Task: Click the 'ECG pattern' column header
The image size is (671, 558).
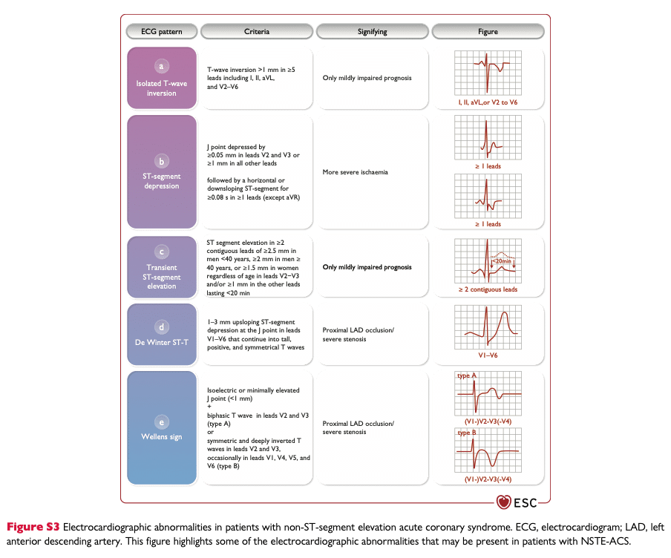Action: coord(162,32)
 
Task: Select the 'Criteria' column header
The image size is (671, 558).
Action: coord(257,32)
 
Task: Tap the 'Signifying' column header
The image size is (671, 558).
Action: coord(373,32)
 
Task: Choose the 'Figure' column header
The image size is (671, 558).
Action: coord(488,32)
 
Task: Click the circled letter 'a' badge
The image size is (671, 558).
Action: coord(161,66)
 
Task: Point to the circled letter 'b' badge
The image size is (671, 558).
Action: coord(161,161)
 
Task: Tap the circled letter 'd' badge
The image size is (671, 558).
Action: coord(161,327)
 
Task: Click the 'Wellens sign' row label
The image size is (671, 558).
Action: coord(162,437)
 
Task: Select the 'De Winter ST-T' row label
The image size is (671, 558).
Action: coord(162,342)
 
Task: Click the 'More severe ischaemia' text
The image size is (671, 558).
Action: coord(356,172)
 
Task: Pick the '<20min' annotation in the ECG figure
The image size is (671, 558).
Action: coord(502,261)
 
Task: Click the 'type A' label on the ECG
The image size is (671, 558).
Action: coord(466,375)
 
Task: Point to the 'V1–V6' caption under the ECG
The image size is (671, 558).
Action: coord(488,355)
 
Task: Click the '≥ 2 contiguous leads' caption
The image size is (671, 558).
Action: coord(488,289)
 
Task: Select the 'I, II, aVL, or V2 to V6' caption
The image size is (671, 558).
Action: coord(488,102)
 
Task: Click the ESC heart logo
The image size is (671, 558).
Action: coord(504,502)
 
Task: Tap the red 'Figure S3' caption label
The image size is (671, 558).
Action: coord(33,527)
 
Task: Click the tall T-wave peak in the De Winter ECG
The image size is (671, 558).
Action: coord(505,314)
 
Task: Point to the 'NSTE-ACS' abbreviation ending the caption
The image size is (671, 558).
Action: coord(605,542)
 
